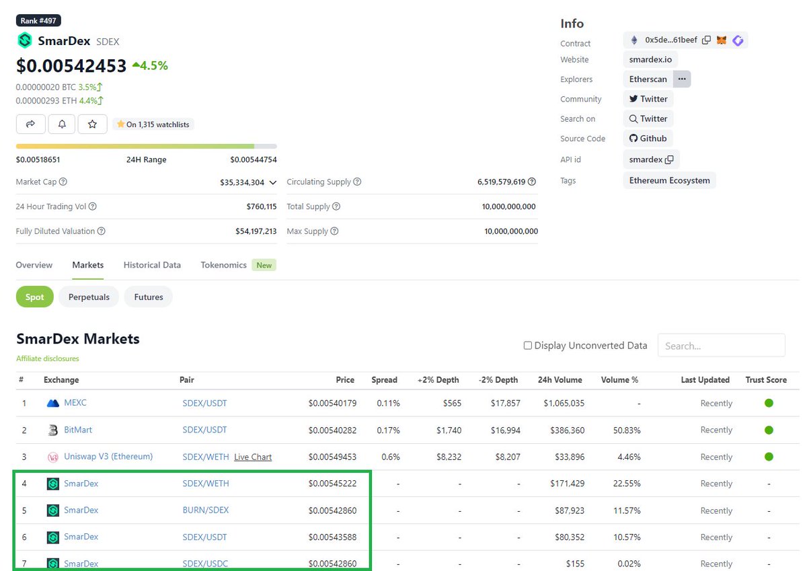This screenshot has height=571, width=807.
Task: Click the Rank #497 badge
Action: click(x=38, y=21)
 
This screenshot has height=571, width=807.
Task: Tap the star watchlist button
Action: click(x=93, y=124)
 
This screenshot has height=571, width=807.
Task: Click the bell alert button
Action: click(x=62, y=124)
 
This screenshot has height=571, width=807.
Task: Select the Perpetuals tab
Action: click(x=89, y=297)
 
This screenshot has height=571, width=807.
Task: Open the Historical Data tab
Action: click(x=152, y=265)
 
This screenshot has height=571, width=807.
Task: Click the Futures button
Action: click(x=149, y=297)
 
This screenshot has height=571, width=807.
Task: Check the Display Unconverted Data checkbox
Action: click(x=528, y=346)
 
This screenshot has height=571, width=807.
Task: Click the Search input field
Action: click(x=721, y=346)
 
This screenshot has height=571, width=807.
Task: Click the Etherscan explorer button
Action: click(x=648, y=79)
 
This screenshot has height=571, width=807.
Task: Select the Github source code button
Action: click(x=648, y=139)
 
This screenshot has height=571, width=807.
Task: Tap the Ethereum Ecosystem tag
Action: click(x=669, y=180)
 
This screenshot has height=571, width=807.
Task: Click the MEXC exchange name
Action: click(x=75, y=403)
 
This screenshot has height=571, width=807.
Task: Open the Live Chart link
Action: click(x=253, y=457)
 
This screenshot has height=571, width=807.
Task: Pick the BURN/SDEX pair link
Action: click(x=206, y=510)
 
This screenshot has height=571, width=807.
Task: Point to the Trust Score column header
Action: click(x=766, y=380)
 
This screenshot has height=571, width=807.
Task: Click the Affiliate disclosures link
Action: click(x=48, y=358)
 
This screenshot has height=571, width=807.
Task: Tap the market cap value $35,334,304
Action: click(x=242, y=182)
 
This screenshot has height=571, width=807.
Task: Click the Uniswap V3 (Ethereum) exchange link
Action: click(x=108, y=457)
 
